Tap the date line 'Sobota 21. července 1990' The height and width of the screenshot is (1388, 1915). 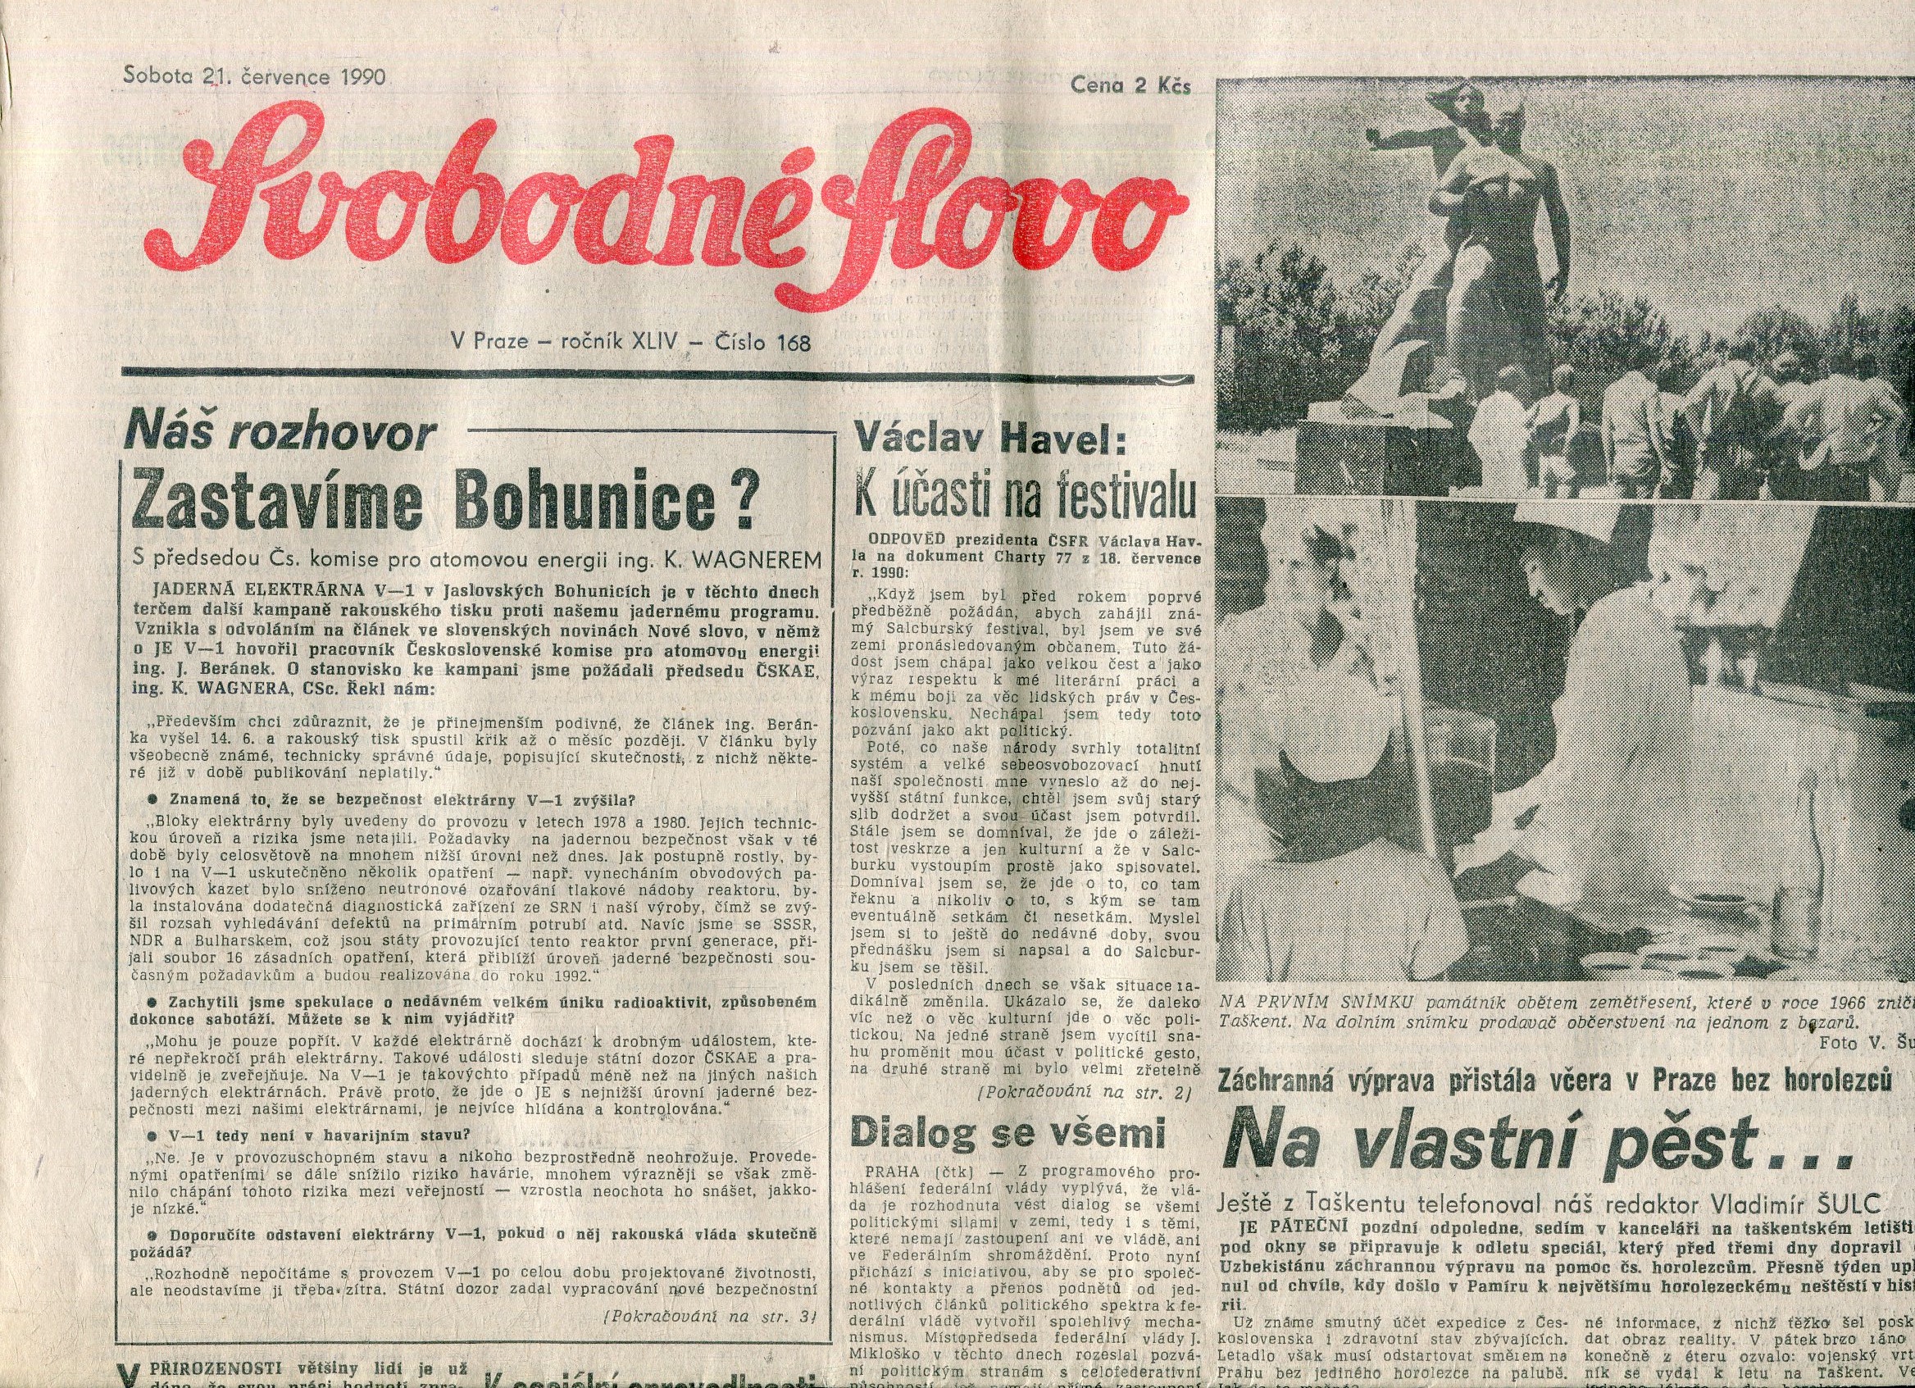[x=254, y=77]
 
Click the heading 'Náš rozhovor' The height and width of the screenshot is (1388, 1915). [x=280, y=435]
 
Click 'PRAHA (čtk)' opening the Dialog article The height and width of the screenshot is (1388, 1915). [x=911, y=1172]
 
